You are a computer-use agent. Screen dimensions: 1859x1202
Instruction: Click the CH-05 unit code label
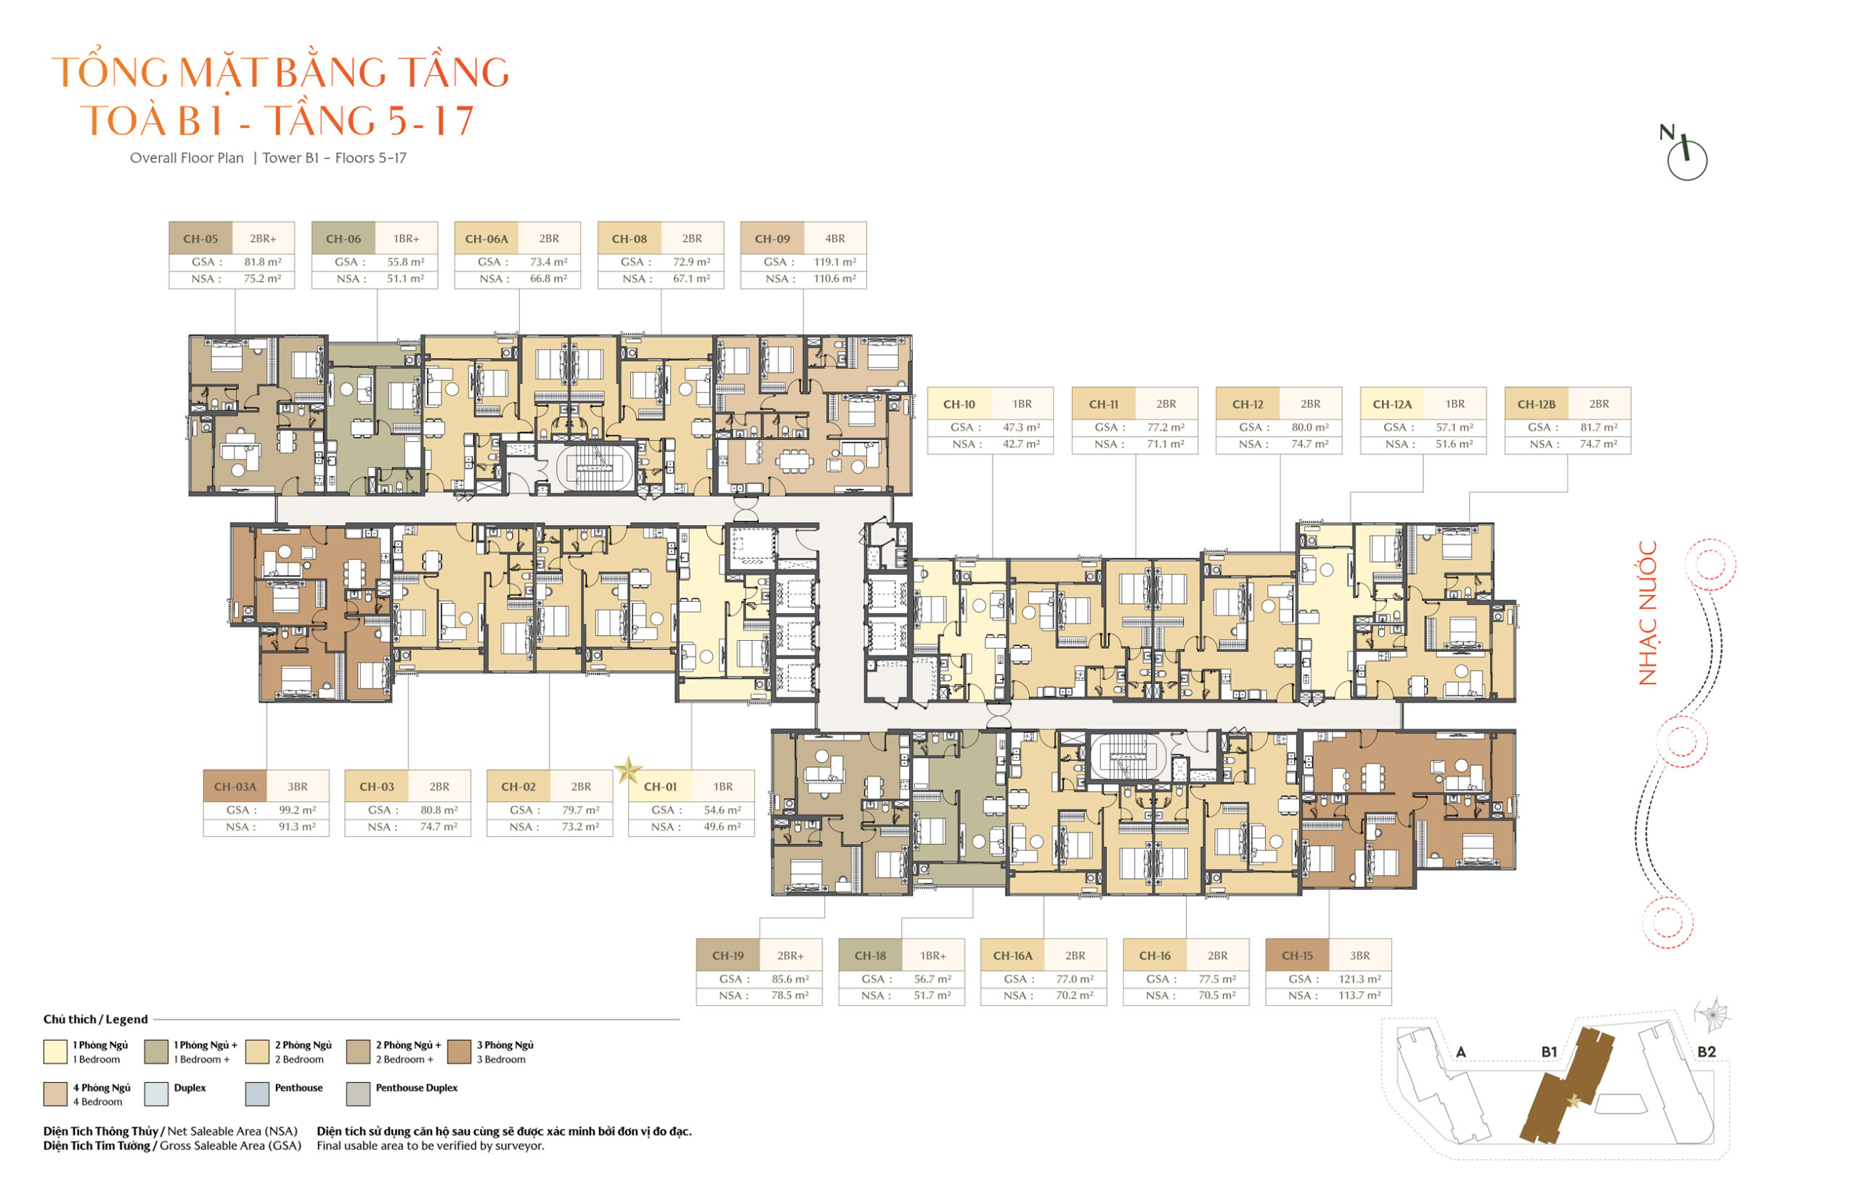coord(200,239)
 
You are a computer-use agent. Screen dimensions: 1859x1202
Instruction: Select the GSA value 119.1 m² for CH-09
coord(834,262)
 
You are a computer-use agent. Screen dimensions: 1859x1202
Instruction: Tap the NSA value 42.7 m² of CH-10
coord(1021,444)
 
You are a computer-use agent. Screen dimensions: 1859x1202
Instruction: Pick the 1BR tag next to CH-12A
coord(1455,404)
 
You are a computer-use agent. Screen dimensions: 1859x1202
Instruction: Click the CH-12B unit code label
coord(1536,404)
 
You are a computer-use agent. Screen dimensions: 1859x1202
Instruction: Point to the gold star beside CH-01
coord(627,771)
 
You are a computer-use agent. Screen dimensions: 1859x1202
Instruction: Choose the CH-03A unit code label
coord(235,787)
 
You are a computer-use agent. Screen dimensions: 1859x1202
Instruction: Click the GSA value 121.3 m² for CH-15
coord(1360,978)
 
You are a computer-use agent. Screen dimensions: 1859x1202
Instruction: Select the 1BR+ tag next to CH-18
coord(933,955)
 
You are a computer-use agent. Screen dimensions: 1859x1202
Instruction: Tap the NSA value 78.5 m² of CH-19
coord(790,995)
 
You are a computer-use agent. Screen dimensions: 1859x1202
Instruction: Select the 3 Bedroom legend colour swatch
coord(459,1051)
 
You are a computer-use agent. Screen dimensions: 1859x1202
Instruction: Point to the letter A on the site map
coord(1461,1052)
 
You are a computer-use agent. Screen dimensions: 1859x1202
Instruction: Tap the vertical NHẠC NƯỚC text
coord(1648,613)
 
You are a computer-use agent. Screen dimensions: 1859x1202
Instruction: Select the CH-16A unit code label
coord(1013,955)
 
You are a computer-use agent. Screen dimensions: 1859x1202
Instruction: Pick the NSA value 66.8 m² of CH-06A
coord(548,279)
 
